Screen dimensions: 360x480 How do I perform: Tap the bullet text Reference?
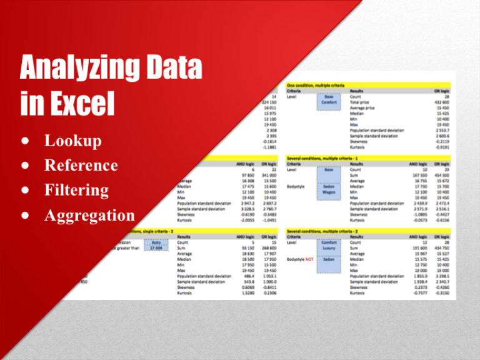pyautogui.click(x=81, y=166)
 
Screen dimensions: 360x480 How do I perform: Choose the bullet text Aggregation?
pyautogui.click(x=89, y=216)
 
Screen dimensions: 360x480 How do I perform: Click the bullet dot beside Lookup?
pyautogui.click(x=23, y=141)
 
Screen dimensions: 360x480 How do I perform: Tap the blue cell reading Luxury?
pyautogui.click(x=329, y=247)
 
